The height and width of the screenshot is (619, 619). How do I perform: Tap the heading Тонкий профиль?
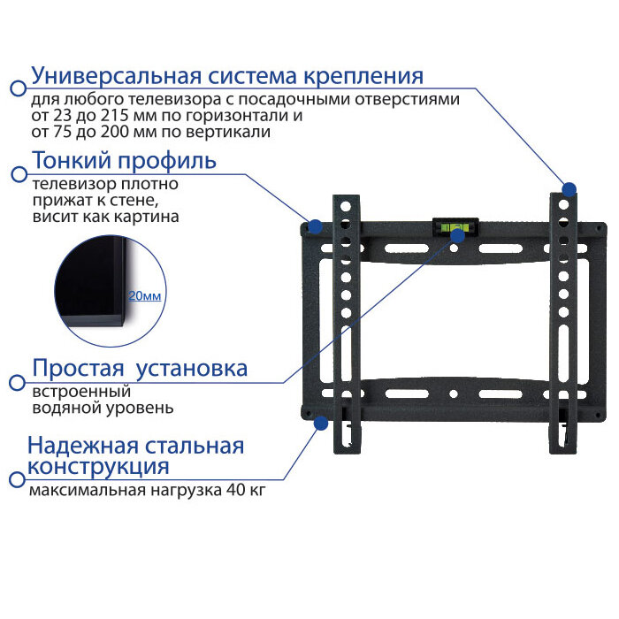[124, 161]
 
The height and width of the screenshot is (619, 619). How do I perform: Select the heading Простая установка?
[140, 368]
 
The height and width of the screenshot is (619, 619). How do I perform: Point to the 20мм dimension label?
[145, 296]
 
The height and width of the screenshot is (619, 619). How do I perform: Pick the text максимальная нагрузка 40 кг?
[147, 489]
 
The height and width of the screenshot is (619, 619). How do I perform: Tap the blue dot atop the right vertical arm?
[569, 189]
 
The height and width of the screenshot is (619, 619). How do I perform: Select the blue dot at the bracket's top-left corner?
[314, 225]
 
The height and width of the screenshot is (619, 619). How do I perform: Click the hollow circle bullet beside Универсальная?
[16, 88]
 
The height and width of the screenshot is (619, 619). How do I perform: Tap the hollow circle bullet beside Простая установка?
[16, 383]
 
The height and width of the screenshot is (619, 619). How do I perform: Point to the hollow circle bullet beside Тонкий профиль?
[16, 175]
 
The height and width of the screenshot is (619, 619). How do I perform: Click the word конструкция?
[98, 466]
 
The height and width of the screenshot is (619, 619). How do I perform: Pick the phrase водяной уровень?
[103, 408]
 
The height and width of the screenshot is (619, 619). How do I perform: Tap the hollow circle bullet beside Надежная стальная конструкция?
[16, 479]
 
